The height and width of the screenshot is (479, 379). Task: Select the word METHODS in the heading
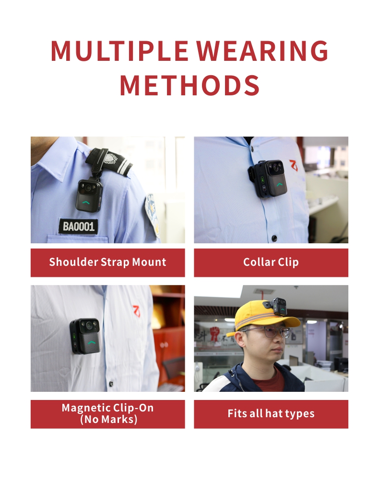click(189, 85)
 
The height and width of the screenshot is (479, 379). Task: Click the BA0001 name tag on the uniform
click(79, 226)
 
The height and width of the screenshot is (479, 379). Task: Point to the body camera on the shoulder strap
click(90, 195)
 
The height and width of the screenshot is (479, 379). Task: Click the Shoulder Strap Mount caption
click(107, 262)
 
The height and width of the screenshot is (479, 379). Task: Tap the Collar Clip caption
click(271, 262)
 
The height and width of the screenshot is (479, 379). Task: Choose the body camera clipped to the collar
click(269, 179)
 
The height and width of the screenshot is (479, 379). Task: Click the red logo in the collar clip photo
click(294, 165)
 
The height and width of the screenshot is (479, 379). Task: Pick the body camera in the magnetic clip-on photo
click(85, 336)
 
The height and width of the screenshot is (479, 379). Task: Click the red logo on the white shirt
click(136, 311)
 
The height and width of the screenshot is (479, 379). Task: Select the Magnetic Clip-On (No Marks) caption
click(107, 414)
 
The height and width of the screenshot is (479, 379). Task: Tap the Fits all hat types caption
click(271, 414)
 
